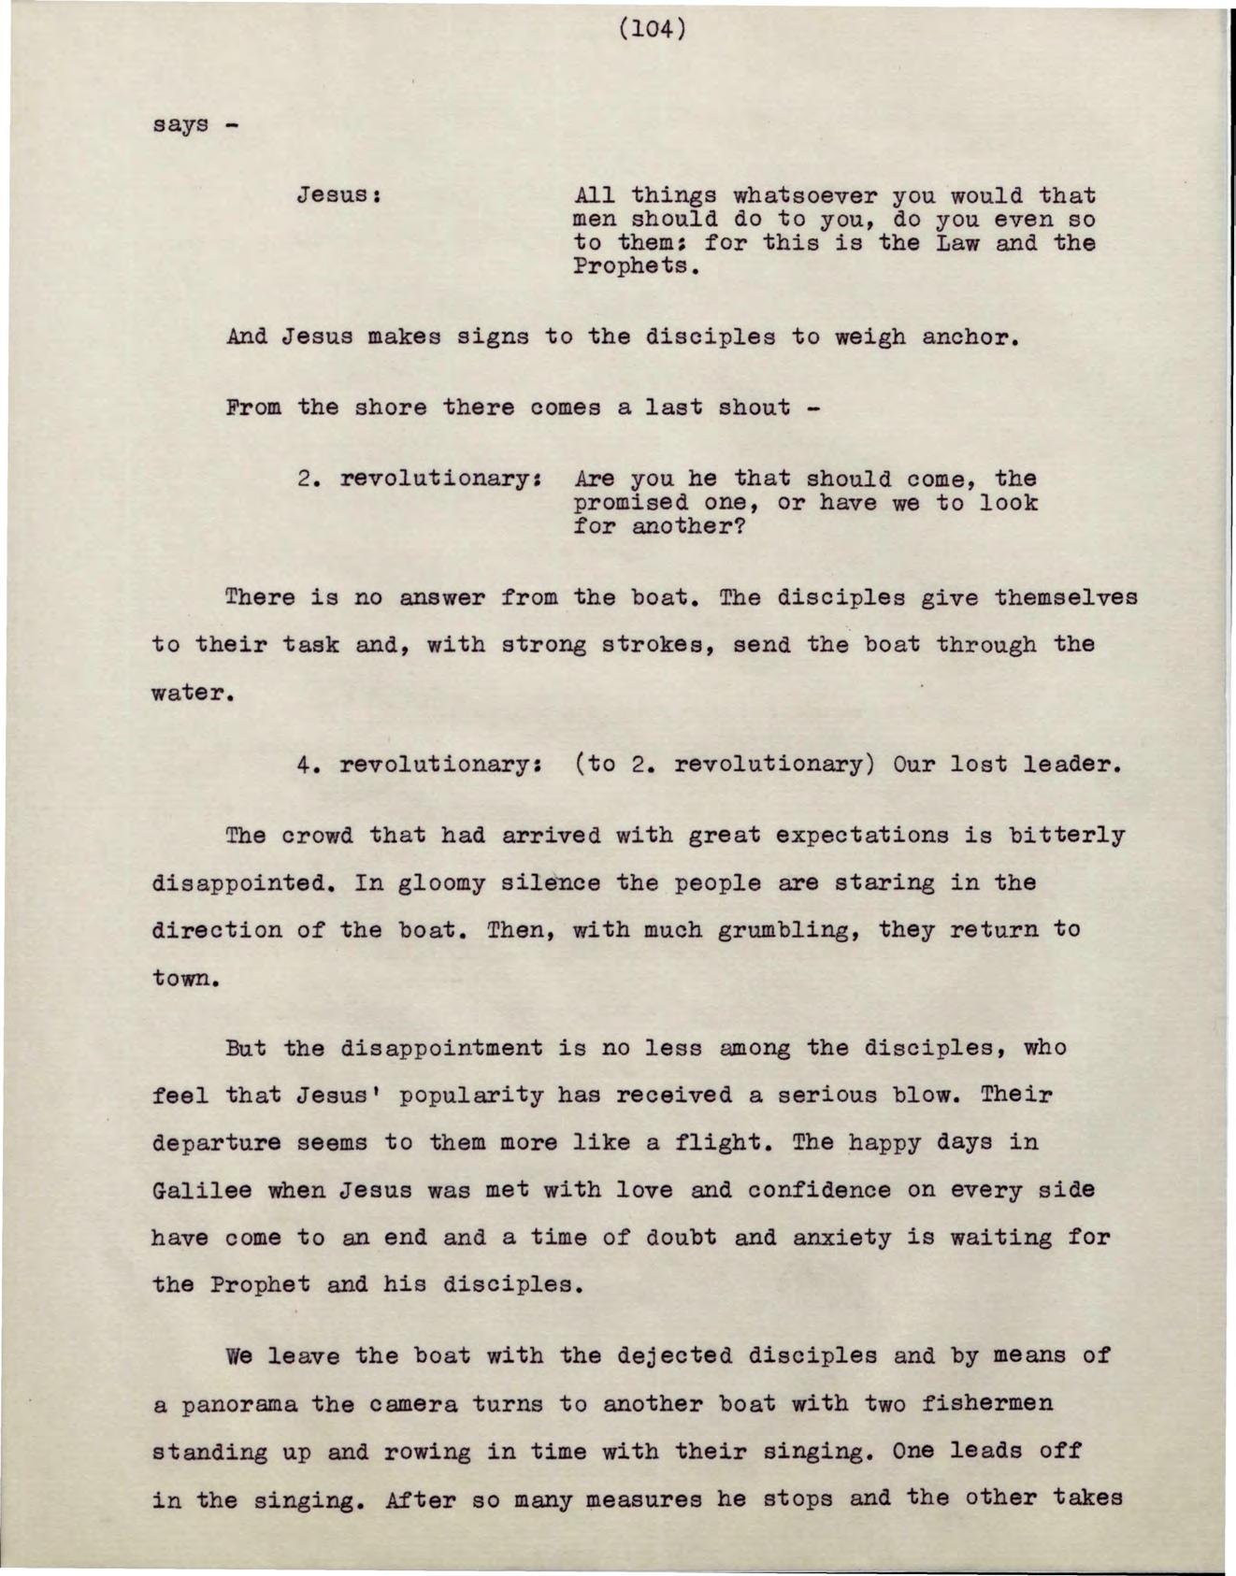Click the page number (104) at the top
coord(653,30)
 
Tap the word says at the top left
coord(180,124)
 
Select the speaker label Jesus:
coord(337,196)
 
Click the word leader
coord(1071,765)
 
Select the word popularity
coord(471,1096)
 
